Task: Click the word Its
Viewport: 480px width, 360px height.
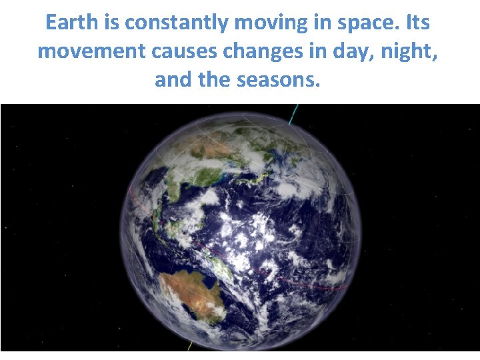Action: pos(417,23)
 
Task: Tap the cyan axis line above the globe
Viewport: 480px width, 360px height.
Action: pos(292,115)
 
